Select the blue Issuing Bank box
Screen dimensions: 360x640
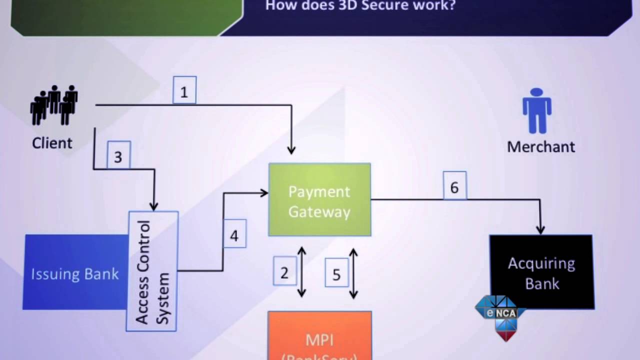(75, 272)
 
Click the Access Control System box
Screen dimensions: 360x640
(152, 271)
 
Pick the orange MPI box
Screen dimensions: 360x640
(319, 337)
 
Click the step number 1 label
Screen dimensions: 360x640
(184, 90)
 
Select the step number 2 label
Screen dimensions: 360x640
(284, 271)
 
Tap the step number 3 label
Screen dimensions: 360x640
(118, 156)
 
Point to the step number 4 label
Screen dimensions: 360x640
(234, 234)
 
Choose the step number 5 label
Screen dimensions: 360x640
(336, 273)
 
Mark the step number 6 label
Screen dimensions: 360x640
(454, 186)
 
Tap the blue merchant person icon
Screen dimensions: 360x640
(536, 111)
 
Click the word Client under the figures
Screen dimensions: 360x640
(52, 143)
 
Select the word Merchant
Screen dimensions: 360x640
(541, 146)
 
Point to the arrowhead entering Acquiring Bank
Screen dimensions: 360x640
(540, 229)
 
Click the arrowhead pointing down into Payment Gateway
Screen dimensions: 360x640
(291, 149)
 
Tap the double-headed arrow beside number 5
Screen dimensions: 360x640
(353, 273)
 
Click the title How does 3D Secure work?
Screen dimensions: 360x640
(360, 6)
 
